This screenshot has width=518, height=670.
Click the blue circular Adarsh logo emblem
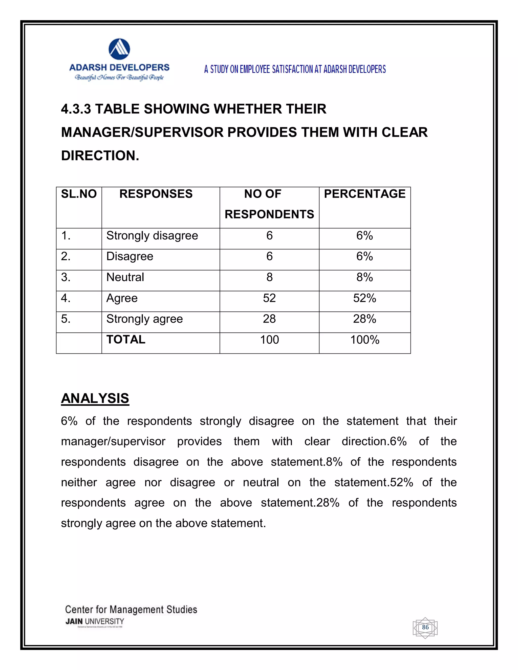pyautogui.click(x=119, y=49)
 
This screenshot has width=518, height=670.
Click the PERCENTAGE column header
pyautogui.click(x=364, y=194)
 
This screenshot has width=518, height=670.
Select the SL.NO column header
pyautogui.click(x=79, y=194)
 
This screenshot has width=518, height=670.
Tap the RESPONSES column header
pyautogui.click(x=156, y=194)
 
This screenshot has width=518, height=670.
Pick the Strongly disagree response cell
pyautogui.click(x=152, y=236)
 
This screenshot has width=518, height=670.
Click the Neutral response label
pyautogui.click(x=125, y=277)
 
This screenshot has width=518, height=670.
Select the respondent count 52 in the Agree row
pyautogui.click(x=269, y=298)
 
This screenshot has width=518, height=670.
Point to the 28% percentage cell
pyautogui.click(x=364, y=319)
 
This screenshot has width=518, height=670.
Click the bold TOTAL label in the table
pyautogui.click(x=126, y=340)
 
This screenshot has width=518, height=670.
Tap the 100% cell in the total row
pyautogui.click(x=364, y=340)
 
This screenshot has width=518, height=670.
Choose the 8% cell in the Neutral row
pyautogui.click(x=364, y=277)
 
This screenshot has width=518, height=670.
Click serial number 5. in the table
pyautogui.click(x=66, y=319)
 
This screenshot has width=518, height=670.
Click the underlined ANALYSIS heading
pyautogui.click(x=95, y=398)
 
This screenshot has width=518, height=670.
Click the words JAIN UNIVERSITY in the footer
pyautogui.click(x=95, y=621)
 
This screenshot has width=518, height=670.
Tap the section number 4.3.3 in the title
pyautogui.click(x=76, y=109)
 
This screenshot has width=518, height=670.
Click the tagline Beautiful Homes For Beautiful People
pyautogui.click(x=119, y=77)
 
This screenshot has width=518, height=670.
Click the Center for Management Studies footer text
pyautogui.click(x=131, y=610)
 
